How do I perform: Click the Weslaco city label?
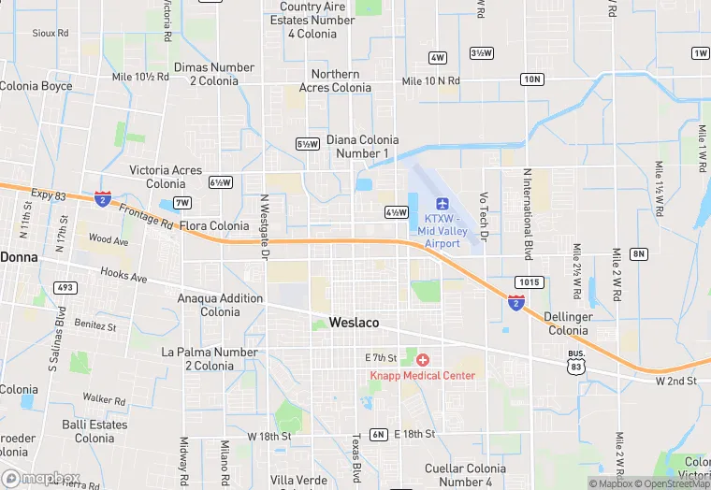click(354, 323)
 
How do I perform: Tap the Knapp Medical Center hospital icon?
click(423, 359)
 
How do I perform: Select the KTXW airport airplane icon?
click(443, 204)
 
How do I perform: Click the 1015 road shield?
click(529, 281)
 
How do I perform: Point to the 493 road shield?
click(65, 287)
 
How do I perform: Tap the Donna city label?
click(18, 256)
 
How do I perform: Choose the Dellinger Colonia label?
click(569, 324)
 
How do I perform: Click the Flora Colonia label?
click(214, 226)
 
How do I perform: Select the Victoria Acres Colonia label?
click(166, 177)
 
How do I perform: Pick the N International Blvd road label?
click(528, 214)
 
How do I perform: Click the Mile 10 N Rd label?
click(430, 81)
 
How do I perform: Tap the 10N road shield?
click(532, 79)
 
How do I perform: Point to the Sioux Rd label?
click(51, 33)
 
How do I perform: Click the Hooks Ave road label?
click(123, 277)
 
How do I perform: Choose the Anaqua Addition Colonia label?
click(221, 305)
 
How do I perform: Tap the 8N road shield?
click(639, 253)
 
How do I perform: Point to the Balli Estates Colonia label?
click(94, 431)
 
